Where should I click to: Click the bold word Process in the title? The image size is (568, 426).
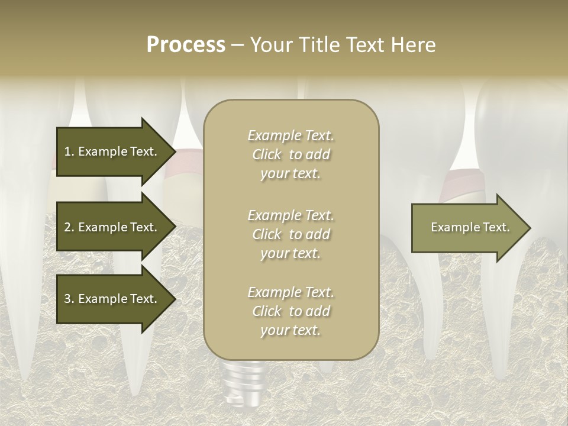186,45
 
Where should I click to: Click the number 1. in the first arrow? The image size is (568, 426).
69,151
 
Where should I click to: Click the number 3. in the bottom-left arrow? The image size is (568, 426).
69,299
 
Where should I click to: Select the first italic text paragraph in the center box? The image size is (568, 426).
291,154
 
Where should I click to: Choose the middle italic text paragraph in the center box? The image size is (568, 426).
291,234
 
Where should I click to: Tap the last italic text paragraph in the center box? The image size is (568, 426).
291,311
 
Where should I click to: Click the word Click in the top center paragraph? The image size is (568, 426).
267,154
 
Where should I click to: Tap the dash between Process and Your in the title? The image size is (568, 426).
237,45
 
